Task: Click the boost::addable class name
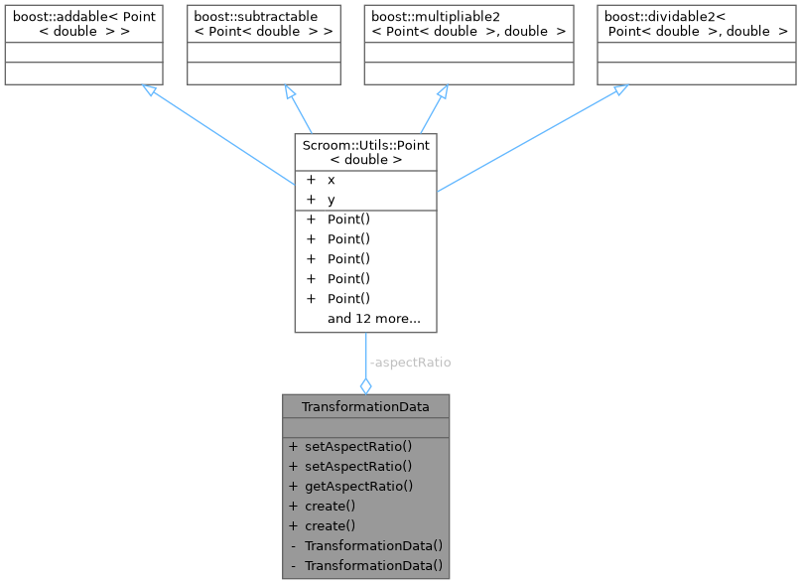(82, 24)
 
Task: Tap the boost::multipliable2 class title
(467, 24)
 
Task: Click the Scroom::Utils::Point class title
(365, 151)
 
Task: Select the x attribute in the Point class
(332, 180)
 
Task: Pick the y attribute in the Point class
(332, 200)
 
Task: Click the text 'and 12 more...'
(374, 319)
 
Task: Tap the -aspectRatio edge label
(409, 363)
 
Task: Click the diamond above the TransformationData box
(365, 384)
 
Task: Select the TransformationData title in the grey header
(365, 405)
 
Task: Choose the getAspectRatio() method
(358, 486)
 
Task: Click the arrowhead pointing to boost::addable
(149, 91)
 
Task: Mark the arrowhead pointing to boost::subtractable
(290, 91)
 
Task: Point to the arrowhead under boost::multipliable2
(442, 91)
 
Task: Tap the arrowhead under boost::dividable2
(618, 91)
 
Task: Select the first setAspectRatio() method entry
(358, 446)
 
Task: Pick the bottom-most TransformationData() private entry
(373, 565)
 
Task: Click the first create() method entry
(331, 506)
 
